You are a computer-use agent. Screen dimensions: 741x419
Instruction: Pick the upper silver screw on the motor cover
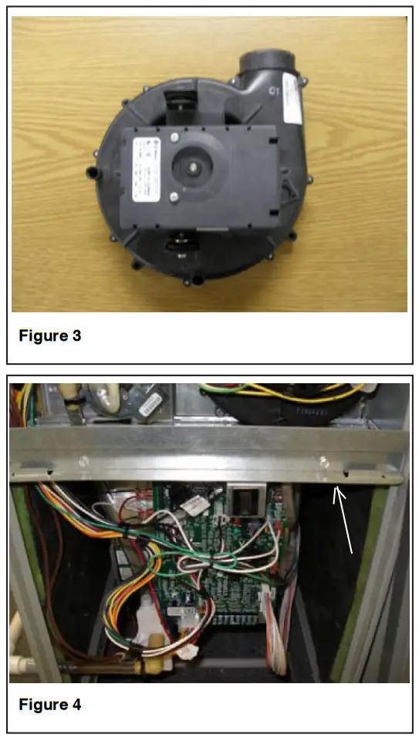pos(175,138)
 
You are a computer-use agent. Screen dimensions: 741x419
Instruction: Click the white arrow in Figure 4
pos(343,521)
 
